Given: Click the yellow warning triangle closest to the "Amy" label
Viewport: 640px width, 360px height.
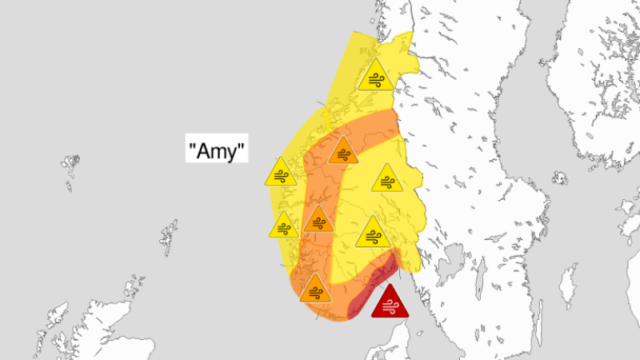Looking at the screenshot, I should [282, 174].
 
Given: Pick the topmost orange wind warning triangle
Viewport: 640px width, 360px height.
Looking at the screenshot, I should [343, 151].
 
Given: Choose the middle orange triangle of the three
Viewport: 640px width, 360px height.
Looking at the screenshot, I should [318, 219].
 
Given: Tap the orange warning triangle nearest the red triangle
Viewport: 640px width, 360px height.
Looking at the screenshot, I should [315, 289].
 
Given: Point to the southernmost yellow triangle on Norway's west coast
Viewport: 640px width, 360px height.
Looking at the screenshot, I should [284, 226].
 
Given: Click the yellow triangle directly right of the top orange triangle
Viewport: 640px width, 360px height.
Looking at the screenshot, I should [387, 179].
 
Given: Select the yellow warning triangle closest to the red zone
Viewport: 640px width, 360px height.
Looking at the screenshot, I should [372, 233].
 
